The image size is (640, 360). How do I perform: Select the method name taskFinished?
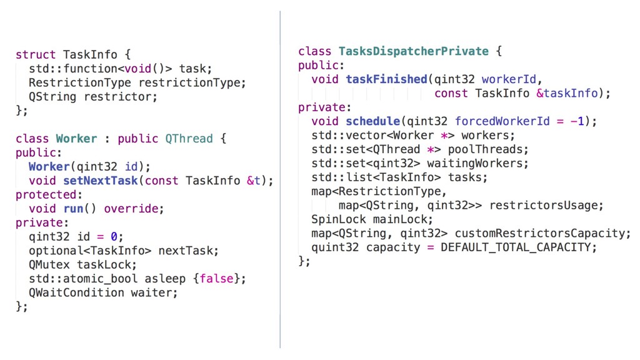pyautogui.click(x=386, y=79)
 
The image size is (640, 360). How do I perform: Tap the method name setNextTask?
pyautogui.click(x=101, y=181)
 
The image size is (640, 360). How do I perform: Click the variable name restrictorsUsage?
pyautogui.click(x=546, y=205)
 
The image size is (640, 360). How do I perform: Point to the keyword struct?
pyautogui.click(x=36, y=55)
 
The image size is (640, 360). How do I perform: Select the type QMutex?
pyautogui.click(x=49, y=264)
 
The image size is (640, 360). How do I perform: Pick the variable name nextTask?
pyautogui.click(x=188, y=251)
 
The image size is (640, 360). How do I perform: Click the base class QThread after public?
pyautogui.click(x=189, y=139)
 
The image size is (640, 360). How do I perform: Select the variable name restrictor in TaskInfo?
pyautogui.click(x=117, y=97)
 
